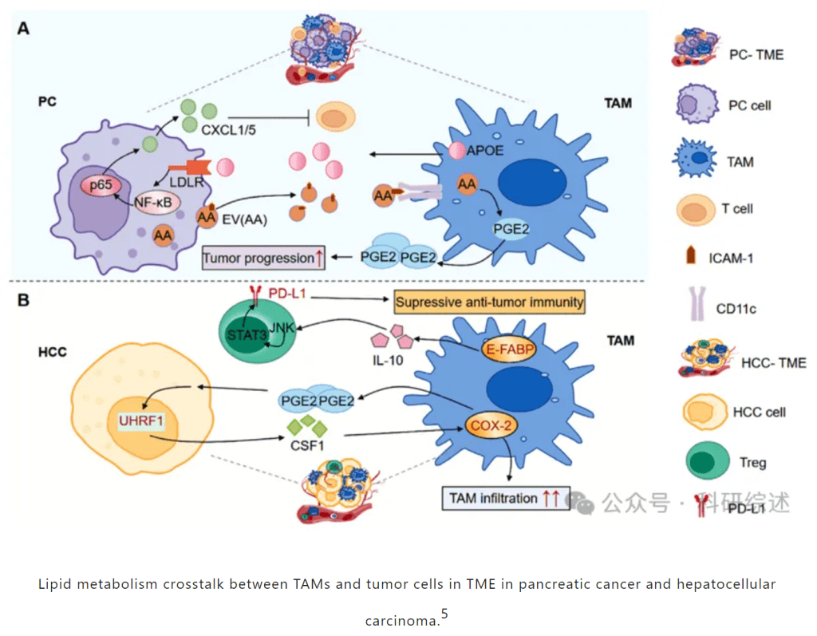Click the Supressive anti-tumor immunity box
click(489, 302)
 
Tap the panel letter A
click(24, 29)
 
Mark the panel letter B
click(24, 301)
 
